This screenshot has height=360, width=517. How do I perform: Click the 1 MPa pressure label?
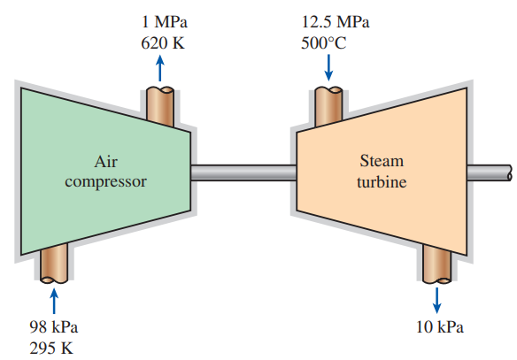point(164,22)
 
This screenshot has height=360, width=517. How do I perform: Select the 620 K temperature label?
point(163,42)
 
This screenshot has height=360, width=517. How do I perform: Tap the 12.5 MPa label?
point(336,22)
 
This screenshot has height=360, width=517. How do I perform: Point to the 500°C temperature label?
point(323,42)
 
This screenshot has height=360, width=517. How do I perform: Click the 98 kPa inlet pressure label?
point(54,327)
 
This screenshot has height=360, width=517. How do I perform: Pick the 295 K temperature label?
point(51,349)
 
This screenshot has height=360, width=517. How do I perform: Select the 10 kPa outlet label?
point(440,327)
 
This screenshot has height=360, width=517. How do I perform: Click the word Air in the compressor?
point(106,162)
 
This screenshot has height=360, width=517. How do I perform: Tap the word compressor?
point(106,182)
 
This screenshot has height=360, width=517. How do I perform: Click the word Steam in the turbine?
point(382,161)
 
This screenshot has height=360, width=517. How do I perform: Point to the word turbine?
point(382,182)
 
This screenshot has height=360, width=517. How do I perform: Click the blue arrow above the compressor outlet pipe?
point(160,68)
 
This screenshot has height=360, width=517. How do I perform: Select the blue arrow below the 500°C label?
point(328,67)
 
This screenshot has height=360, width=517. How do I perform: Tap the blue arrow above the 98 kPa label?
point(54,301)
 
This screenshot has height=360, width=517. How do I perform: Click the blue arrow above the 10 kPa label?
point(436,300)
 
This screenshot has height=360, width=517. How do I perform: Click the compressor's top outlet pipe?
point(160,106)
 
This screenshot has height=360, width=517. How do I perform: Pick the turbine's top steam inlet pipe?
point(328,106)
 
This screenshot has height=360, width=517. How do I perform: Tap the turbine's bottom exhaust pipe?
point(436,264)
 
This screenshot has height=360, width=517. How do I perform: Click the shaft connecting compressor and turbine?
point(243,172)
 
